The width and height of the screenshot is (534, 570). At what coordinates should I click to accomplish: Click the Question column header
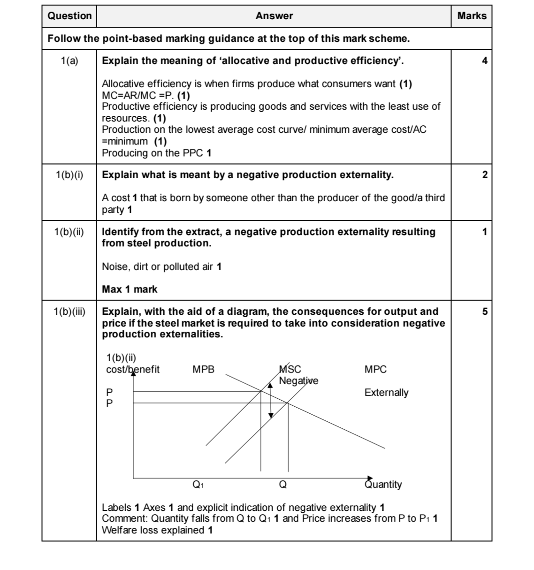point(70,16)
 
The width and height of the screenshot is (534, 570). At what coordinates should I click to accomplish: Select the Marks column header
point(472,16)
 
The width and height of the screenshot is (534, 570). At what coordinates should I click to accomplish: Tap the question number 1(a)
point(69,61)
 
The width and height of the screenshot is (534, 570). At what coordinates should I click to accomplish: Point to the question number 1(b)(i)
point(69,175)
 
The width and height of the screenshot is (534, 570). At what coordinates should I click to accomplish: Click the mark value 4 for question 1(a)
point(485,61)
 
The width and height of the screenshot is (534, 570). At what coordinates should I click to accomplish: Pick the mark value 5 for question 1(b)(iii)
point(485,312)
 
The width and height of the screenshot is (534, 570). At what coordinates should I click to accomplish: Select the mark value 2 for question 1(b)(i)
point(485,175)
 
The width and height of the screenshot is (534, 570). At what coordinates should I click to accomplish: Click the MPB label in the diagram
point(203,370)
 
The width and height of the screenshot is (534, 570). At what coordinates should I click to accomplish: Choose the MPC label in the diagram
point(375,370)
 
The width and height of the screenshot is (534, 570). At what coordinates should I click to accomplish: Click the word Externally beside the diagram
point(386,393)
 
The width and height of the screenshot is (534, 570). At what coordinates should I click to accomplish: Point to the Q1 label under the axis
point(198,484)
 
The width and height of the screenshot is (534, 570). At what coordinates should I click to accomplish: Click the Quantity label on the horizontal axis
point(383,484)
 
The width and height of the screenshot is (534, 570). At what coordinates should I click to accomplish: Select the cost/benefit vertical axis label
point(133,369)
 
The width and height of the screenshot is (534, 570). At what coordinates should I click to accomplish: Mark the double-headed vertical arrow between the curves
point(270,400)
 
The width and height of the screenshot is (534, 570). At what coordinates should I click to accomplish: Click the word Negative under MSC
point(298,380)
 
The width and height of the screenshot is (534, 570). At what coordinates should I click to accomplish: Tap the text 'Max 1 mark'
point(130,289)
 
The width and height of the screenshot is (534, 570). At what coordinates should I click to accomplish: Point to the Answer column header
point(274,16)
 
